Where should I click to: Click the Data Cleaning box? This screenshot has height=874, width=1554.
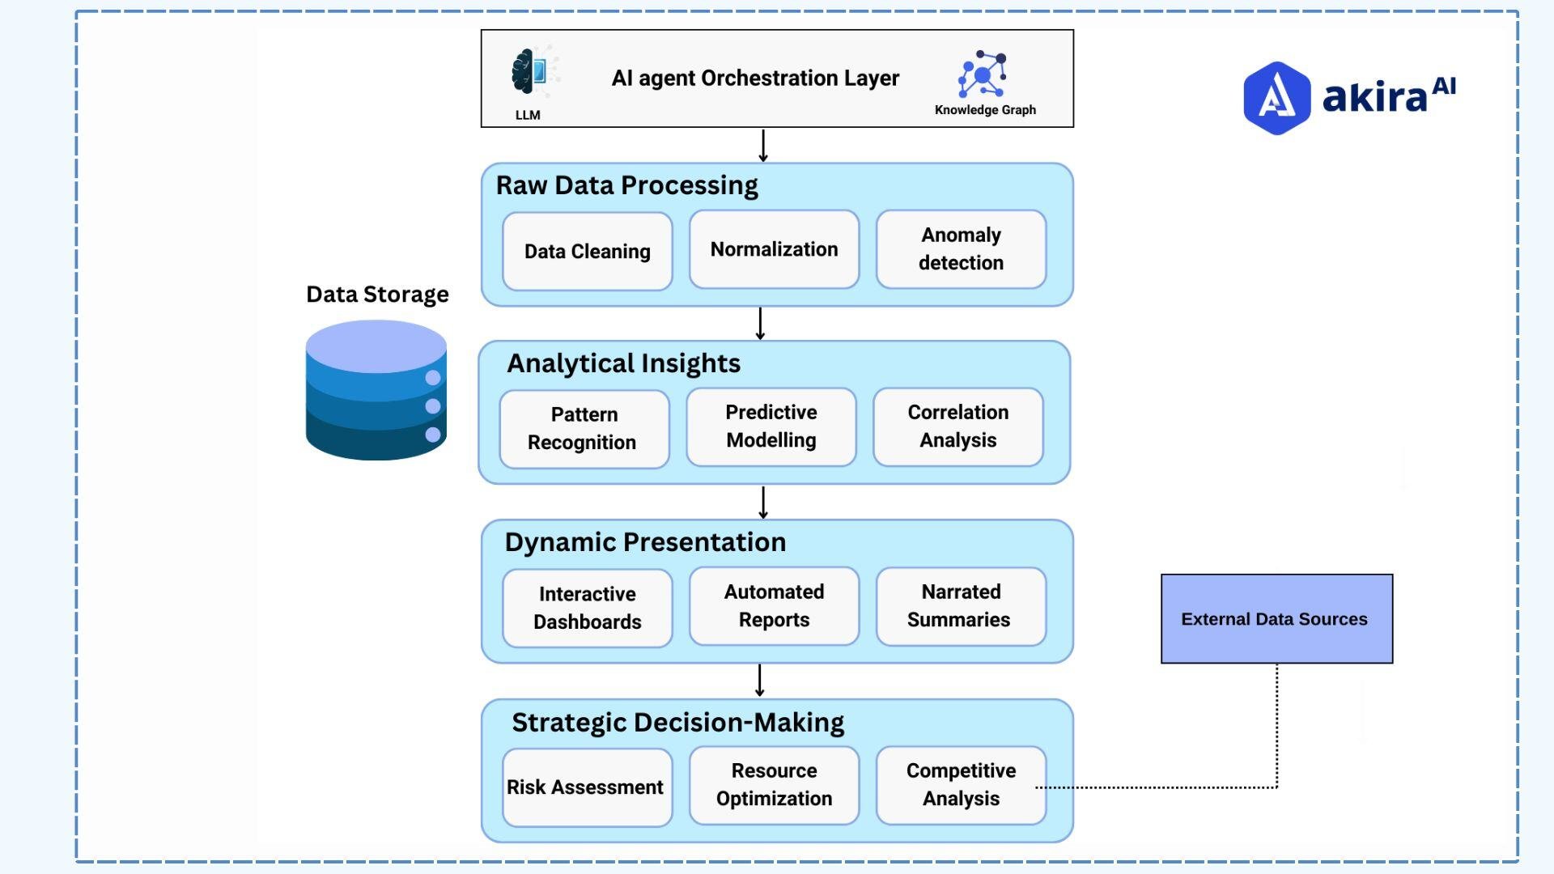pos(587,252)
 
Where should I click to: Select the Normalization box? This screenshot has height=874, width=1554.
pos(774,249)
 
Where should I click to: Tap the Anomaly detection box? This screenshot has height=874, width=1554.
pos(961,249)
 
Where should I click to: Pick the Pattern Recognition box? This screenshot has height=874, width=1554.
pos(584,429)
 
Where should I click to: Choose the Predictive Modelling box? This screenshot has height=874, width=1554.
pos(771,426)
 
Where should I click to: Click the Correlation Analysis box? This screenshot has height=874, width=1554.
pos(957,426)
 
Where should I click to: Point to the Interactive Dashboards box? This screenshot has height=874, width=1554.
pos(587,608)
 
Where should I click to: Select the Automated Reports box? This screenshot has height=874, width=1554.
pos(774,606)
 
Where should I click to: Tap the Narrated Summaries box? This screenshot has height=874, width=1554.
pos(961,606)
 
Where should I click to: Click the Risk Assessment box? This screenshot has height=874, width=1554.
pos(587,787)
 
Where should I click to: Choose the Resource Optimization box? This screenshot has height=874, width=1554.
pos(774,785)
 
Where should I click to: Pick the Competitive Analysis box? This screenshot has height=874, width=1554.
pos(961,785)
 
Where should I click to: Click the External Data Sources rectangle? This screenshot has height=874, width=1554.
pos(1276,619)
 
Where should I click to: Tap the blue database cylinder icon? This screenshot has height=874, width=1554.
pos(376,391)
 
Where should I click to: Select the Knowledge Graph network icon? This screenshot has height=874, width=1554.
pos(983,74)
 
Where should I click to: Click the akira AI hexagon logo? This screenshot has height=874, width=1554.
pos(1276,98)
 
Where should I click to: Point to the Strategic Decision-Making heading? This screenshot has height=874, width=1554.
pos(677,723)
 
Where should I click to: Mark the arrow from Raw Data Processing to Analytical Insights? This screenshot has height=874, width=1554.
pos(760,324)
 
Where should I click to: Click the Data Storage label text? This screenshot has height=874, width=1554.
pos(377,295)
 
